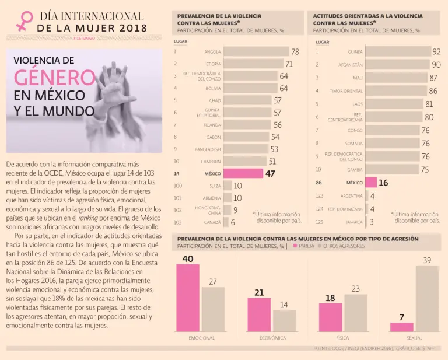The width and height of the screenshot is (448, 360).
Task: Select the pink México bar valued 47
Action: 243,173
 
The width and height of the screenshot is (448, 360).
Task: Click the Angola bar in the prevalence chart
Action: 256,51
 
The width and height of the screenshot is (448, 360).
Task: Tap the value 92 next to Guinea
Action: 436,51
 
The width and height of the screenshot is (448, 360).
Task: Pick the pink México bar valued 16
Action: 371,183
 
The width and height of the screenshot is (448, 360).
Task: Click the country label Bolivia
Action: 213,88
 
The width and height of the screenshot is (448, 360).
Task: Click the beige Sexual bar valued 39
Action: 427,299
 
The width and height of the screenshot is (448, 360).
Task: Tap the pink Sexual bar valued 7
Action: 402,327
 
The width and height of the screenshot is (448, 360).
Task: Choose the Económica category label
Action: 272,338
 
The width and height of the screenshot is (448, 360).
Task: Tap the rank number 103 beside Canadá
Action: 177,222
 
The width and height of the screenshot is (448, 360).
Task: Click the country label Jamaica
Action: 353,222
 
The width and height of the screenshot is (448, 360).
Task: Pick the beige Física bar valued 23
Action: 356,313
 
